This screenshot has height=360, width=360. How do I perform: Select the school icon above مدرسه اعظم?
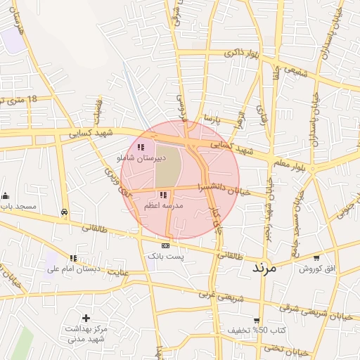point(163,195)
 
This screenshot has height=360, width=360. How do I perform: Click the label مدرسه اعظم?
point(163,205)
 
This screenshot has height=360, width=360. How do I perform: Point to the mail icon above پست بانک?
point(165,245)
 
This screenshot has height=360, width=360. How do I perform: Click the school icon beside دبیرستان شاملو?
point(141,147)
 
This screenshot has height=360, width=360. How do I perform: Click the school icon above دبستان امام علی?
point(74,258)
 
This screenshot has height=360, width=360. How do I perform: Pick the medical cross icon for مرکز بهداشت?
point(86,319)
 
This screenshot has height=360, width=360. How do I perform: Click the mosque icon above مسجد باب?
point(5,195)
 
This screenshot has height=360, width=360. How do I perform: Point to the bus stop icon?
point(65,212)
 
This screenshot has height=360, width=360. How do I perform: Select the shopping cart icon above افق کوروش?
point(317,258)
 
